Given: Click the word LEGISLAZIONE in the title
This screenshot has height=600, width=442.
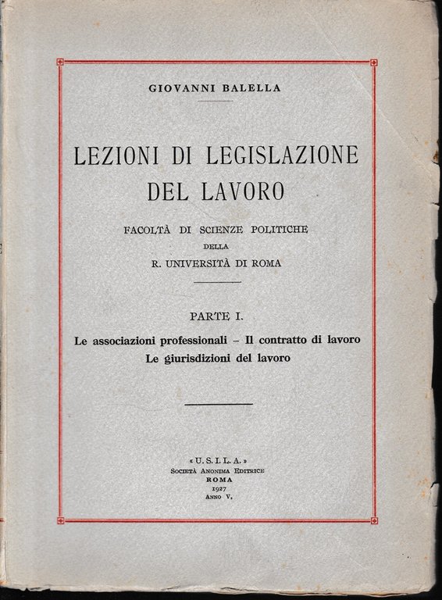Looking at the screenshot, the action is click(280, 155).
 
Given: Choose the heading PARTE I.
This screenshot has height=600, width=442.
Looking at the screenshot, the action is click(217, 317).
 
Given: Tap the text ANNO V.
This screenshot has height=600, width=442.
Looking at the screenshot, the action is click(218, 498).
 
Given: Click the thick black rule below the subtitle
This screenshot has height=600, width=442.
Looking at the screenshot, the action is click(218, 405).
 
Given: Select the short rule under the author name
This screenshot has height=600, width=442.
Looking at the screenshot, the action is click(216, 101).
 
